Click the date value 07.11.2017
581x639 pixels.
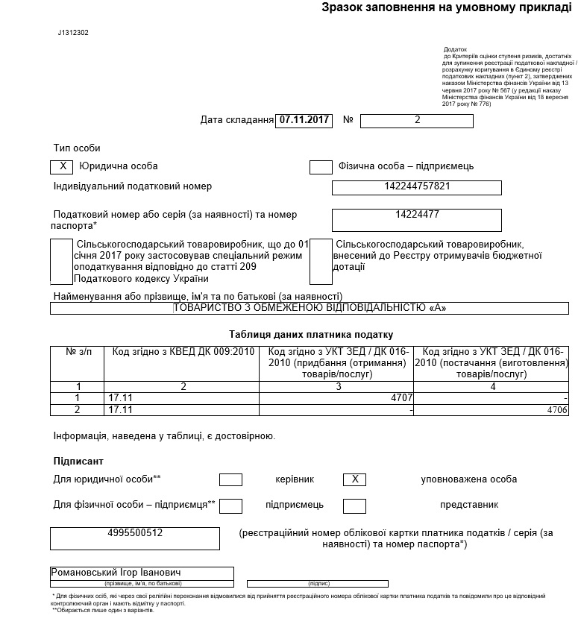tap(304, 120)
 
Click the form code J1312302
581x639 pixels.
tap(73, 34)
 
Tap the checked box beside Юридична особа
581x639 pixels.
tap(61, 166)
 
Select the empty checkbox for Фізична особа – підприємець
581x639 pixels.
tap(321, 166)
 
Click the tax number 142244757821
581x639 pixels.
tap(417, 186)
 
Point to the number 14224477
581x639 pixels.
tap(417, 215)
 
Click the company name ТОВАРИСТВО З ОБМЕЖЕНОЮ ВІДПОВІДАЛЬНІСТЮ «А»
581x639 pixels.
tap(310, 307)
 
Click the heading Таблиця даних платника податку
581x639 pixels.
tap(311, 335)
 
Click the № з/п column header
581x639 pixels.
tap(78, 351)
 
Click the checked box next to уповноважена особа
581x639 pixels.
tap(354, 479)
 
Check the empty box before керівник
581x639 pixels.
tap(231, 479)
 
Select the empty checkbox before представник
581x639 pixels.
tap(354, 506)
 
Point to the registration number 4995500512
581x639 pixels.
tap(135, 533)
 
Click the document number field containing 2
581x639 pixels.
tap(417, 120)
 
